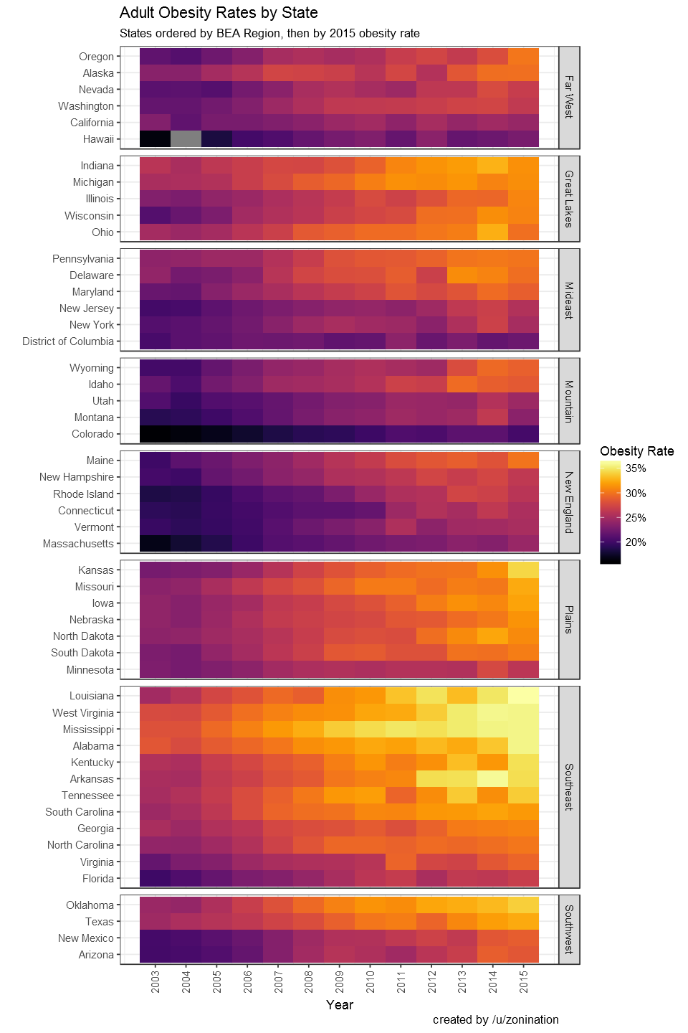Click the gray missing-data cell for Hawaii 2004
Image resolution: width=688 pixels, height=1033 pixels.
tap(186, 139)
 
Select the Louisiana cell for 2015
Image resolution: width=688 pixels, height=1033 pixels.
tap(524, 696)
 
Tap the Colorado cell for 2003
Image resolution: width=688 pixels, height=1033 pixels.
tap(156, 434)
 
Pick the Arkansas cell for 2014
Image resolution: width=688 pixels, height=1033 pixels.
tap(493, 779)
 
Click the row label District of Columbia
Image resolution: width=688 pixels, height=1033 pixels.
tap(68, 341)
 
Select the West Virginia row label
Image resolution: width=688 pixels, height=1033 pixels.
tap(83, 713)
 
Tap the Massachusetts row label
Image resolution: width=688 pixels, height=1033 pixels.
tap(78, 544)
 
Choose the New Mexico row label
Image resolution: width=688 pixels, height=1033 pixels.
tap(86, 938)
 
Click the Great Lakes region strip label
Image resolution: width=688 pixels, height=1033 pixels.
tap(569, 199)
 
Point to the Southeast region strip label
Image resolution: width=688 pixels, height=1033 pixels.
tap(569, 787)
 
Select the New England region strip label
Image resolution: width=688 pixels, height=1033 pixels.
tap(569, 502)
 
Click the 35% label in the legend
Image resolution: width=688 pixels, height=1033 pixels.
tap(636, 468)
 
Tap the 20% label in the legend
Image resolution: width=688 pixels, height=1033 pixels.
tap(636, 542)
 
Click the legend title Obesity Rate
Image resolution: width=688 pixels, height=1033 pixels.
tap(636, 451)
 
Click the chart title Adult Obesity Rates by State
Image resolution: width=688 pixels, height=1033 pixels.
tap(219, 13)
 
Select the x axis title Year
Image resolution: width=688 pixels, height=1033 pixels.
tap(340, 1005)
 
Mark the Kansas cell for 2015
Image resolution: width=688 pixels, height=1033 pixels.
tap(524, 570)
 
